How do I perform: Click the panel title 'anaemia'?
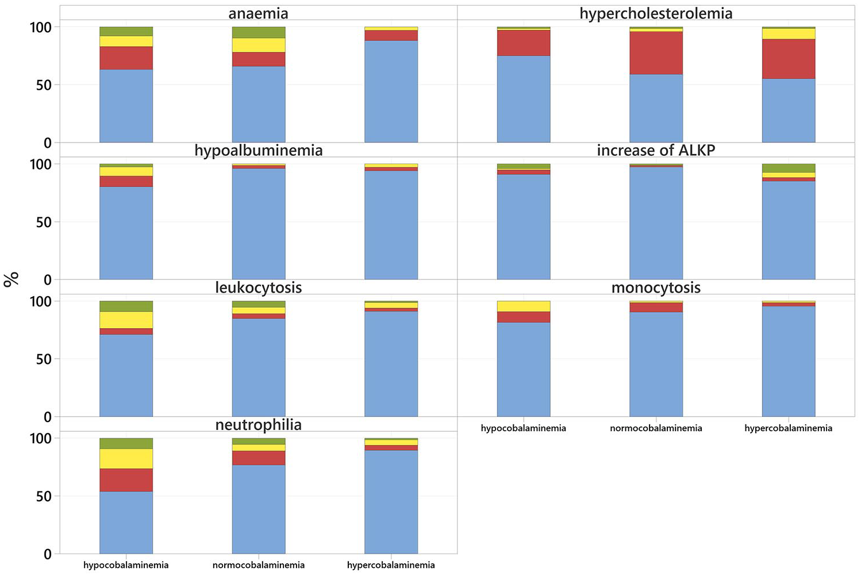coord(258,13)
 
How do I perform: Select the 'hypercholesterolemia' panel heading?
coord(656,13)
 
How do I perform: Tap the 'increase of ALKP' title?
coord(656,151)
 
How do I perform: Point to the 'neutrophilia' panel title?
coord(258,425)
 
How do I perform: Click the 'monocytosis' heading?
coord(656,287)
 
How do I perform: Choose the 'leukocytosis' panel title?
coord(258,287)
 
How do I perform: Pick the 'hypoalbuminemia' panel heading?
coord(258,151)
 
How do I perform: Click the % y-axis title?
coord(11,279)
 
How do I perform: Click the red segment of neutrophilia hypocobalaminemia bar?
coord(126,480)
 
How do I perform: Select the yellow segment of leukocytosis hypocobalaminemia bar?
coord(126,320)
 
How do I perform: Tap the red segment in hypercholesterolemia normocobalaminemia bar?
coord(656,53)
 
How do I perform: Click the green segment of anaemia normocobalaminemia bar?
coord(258,33)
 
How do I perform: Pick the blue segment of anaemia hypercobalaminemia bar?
coord(391,91)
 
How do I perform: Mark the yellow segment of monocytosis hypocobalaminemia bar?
coord(524,306)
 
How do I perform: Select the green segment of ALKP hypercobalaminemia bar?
coord(789,168)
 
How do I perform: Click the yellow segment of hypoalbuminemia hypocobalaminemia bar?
coord(126,171)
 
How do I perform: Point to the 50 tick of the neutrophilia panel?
coord(44,497)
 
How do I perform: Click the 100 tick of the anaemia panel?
coord(40,27)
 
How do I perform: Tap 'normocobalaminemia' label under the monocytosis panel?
coord(656,428)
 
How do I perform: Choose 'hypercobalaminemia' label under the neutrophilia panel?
coord(391,565)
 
